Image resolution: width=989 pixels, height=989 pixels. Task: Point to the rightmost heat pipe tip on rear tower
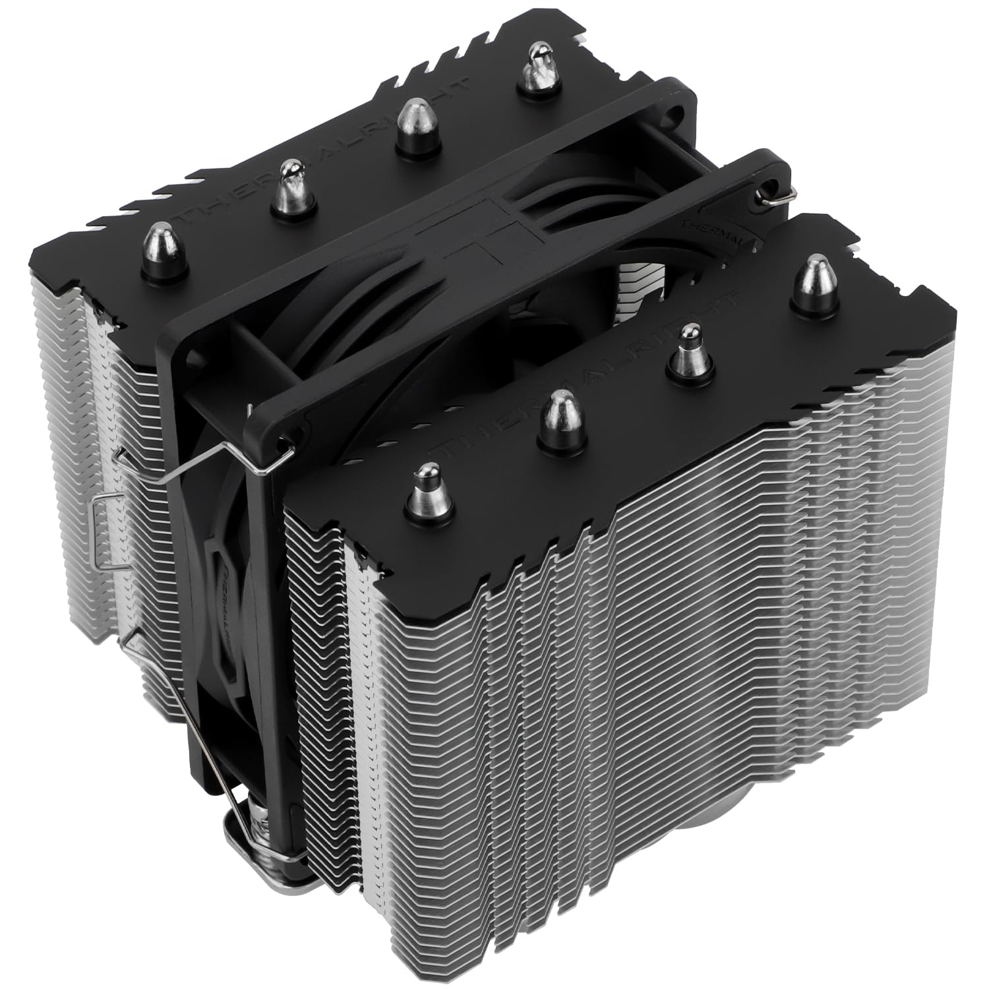(536, 68)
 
